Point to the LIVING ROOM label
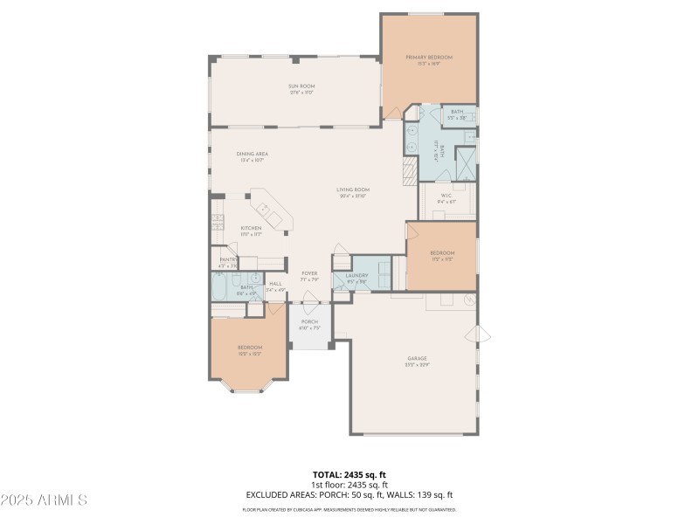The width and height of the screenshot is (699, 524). [354, 192]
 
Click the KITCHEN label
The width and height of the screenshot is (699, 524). [251, 231]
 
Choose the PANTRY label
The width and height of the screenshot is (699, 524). [227, 262]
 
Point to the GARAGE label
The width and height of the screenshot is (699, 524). [417, 361]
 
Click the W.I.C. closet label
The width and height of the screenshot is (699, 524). [446, 198]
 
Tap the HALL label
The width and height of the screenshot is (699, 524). [275, 286]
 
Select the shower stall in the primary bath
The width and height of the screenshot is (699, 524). [467, 162]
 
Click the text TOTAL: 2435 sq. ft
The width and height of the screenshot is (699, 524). [349, 474]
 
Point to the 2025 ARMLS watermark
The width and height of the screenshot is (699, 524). [44, 500]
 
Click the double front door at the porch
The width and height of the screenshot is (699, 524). [309, 303]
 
